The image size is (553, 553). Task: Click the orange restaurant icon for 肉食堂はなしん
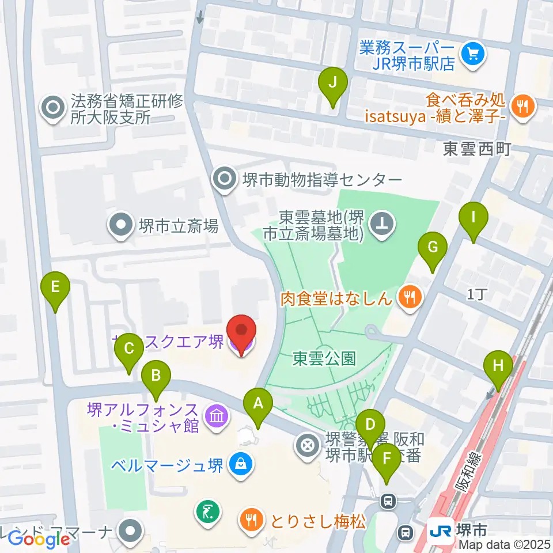[x=410, y=297]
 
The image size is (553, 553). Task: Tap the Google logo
[x=39, y=539]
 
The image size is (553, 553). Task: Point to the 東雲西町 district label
[x=477, y=150]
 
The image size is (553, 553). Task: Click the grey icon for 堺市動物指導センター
[x=223, y=179]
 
